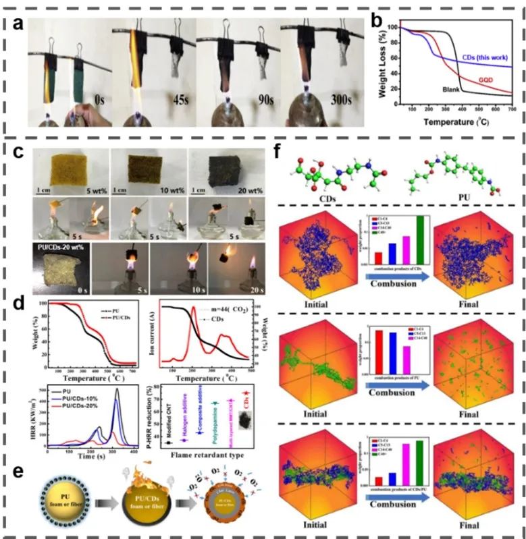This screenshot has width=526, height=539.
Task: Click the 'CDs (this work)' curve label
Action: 481,59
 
